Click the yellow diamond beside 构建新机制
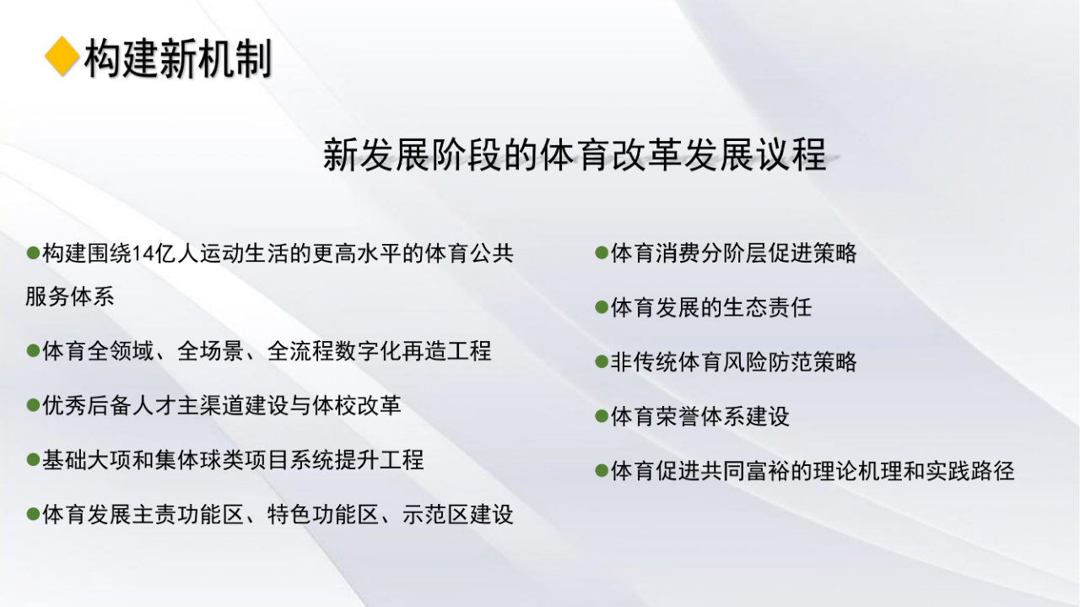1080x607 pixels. (62, 57)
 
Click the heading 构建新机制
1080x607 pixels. (178, 58)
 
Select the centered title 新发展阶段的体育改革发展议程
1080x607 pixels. (575, 154)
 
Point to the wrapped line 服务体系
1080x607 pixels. (70, 296)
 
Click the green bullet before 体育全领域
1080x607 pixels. (33, 351)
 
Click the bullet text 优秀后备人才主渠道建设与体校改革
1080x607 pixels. (222, 405)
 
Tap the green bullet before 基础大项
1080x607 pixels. (33, 460)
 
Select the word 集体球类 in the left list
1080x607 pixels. (199, 460)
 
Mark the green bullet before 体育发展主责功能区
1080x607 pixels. (33, 514)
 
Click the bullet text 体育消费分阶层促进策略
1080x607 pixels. (734, 252)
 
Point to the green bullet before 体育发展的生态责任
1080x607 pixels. (602, 307)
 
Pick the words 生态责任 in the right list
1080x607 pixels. (768, 307)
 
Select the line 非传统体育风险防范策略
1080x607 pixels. (734, 362)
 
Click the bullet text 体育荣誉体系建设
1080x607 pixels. (700, 416)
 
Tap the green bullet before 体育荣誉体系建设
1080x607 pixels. (602, 416)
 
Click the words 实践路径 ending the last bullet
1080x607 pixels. (969, 471)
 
